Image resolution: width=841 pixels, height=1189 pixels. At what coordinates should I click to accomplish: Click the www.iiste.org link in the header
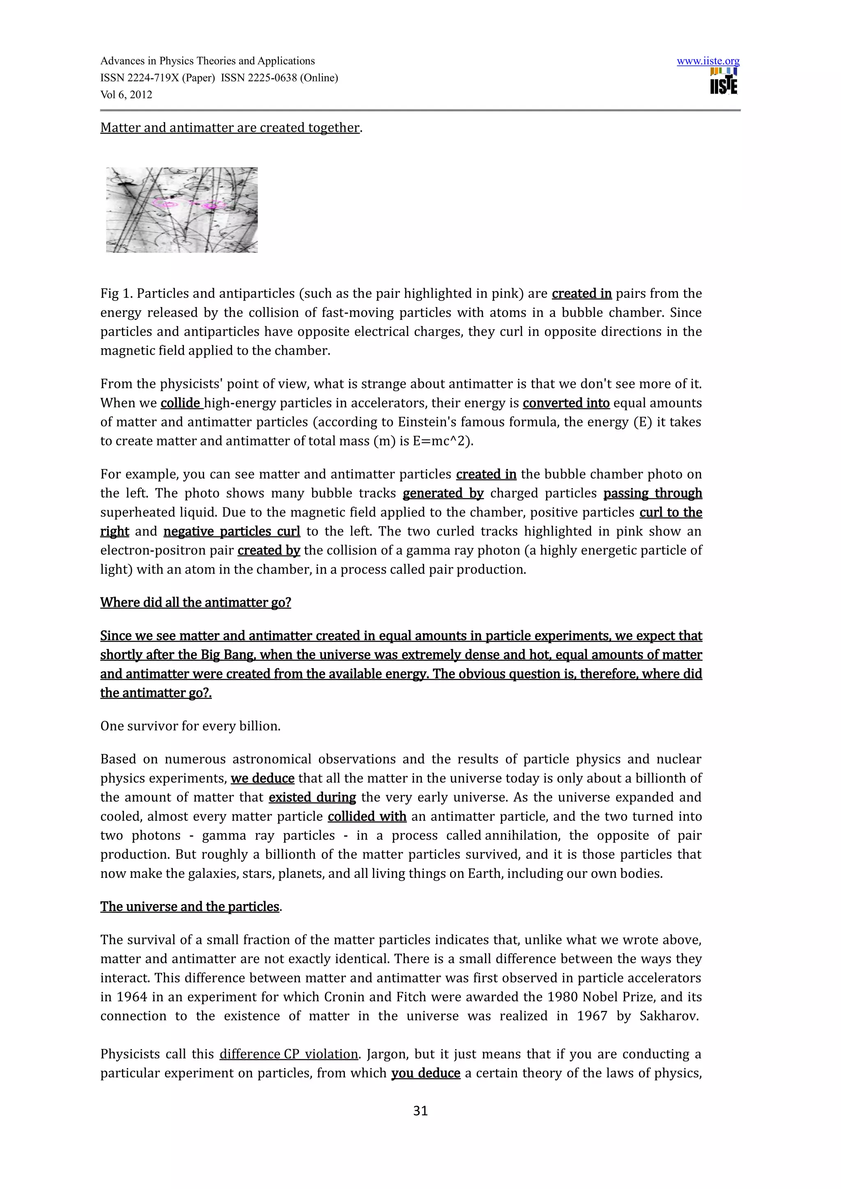coord(708,61)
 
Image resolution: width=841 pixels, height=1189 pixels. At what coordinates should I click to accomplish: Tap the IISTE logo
coord(724,82)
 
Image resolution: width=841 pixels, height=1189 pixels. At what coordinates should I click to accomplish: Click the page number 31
coord(420,1121)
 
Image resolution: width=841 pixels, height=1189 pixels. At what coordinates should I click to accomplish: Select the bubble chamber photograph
coord(182,210)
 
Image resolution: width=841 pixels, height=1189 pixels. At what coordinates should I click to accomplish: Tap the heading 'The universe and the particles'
coord(190,907)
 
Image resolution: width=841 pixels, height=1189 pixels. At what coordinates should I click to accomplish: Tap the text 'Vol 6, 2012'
coord(126,95)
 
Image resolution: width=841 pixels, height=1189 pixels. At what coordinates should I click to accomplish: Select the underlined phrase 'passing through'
coord(653,493)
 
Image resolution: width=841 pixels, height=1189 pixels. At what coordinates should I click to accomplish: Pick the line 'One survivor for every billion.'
coord(190,726)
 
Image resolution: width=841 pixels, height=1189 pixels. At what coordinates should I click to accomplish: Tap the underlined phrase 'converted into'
coord(566,404)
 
